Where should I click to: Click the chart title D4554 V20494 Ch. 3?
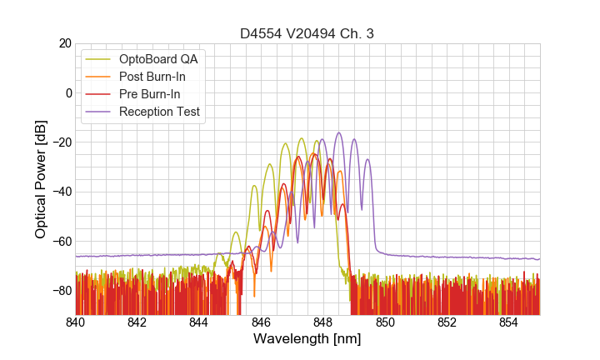pos(307,33)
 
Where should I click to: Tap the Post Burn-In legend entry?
pos(152,77)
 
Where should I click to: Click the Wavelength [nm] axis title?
pos(307,340)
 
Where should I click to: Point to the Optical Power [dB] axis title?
pos(41,179)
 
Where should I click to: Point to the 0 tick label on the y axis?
pos(67,92)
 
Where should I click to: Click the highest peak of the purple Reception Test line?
pos(339,132)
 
